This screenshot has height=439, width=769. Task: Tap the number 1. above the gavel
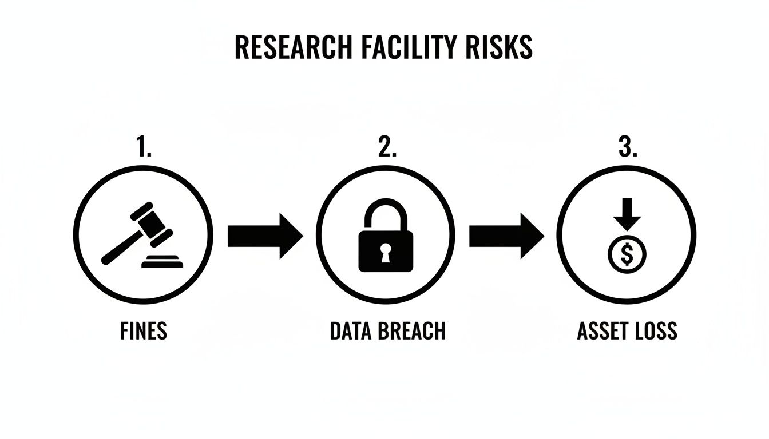click(x=144, y=148)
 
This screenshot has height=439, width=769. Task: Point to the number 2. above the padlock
click(x=387, y=148)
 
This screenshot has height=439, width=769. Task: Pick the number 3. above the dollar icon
click(x=628, y=148)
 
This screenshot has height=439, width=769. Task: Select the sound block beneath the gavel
click(x=163, y=262)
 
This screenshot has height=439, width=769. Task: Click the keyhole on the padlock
click(x=385, y=252)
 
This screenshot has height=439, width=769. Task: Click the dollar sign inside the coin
click(x=627, y=255)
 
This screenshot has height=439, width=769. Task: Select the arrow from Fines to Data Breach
click(x=265, y=236)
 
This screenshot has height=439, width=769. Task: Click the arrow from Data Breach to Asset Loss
click(x=506, y=236)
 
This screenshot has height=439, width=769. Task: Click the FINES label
click(x=144, y=331)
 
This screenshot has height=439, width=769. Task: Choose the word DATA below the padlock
click(x=350, y=331)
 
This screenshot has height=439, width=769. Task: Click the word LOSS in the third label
click(x=657, y=331)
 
